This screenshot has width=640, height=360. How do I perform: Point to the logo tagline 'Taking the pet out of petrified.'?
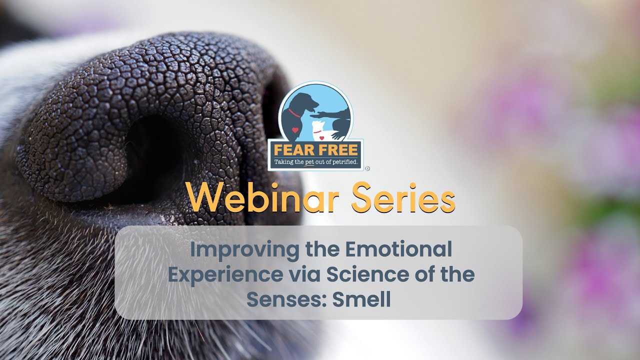coord(315,162)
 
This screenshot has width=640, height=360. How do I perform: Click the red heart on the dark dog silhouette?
coord(295,130)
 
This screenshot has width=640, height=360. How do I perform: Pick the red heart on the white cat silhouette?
coord(322,137)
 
